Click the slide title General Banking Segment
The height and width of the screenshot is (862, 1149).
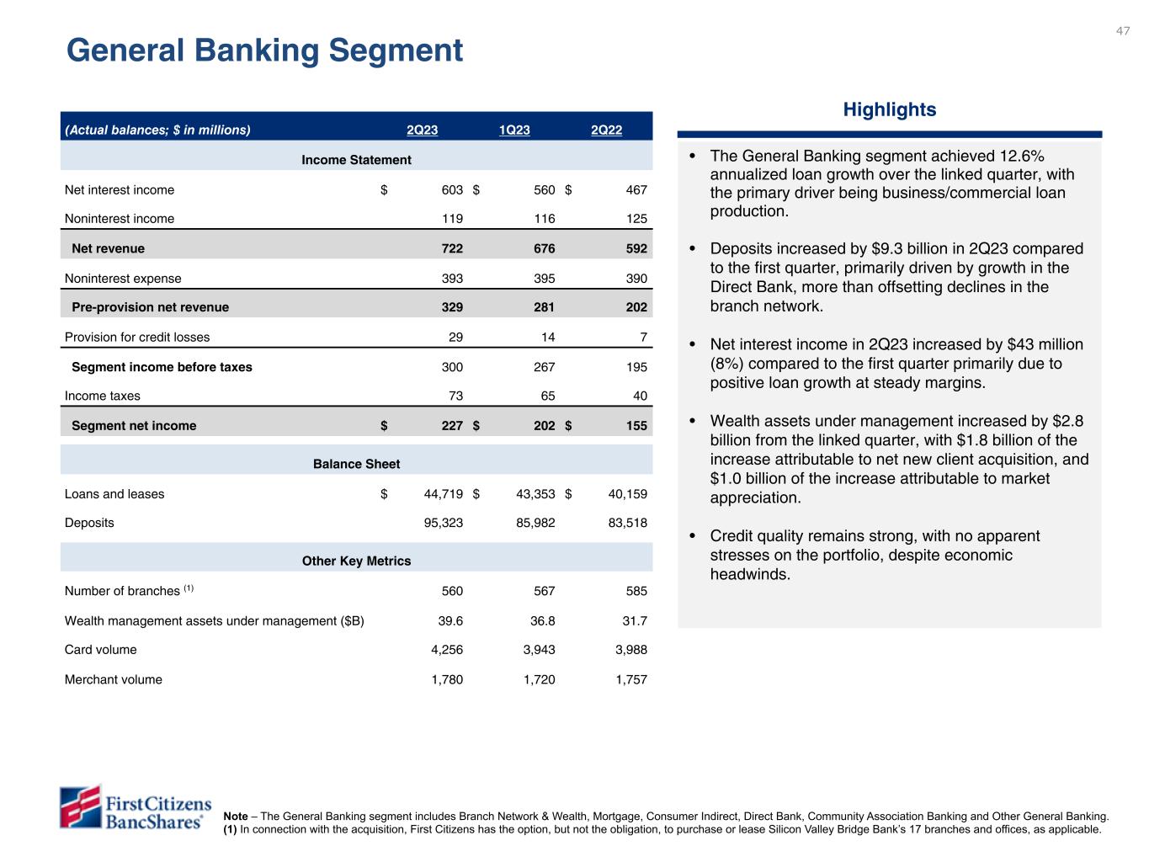264,51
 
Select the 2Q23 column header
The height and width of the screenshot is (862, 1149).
422,130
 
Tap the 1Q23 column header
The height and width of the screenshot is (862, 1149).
514,130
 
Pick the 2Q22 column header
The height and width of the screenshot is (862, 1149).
606,130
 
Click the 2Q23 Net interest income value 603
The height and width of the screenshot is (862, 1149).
452,190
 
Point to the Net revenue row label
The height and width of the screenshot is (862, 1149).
108,248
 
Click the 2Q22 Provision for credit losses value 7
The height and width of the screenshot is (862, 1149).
643,337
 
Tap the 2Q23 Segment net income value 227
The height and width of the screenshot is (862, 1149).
452,426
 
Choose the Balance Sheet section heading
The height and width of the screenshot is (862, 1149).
356,464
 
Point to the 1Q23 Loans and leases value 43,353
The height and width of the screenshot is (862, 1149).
535,494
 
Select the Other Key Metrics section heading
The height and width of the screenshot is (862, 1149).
356,561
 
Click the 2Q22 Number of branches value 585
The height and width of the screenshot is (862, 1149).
636,591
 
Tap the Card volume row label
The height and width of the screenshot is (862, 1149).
100,650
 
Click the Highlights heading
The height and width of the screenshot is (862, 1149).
889,109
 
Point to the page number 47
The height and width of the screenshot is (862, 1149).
1123,31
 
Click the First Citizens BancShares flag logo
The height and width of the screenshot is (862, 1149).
80,806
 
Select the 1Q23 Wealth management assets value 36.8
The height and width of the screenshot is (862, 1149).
541,621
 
